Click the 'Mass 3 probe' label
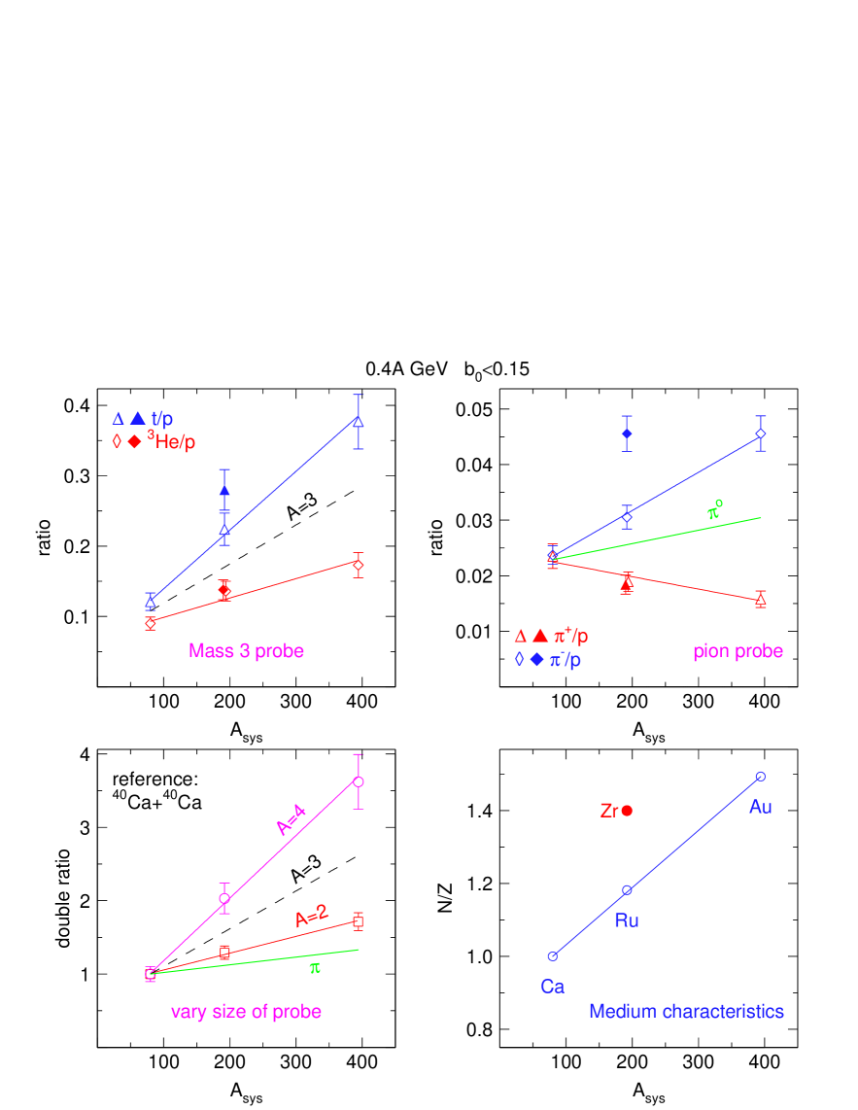click(246, 651)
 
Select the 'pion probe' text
click(738, 651)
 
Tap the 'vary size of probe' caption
click(246, 1012)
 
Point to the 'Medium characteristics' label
click(686, 1012)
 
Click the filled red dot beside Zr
click(627, 811)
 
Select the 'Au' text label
click(760, 807)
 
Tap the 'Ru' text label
click(627, 920)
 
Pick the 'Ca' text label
click(552, 987)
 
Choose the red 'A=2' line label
click(312, 916)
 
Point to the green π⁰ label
click(714, 510)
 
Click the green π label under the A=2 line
click(315, 968)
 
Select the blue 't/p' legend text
click(161, 419)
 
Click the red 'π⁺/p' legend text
click(570, 637)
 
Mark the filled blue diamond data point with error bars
click(627, 434)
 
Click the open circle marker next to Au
click(760, 776)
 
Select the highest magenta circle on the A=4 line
click(359, 781)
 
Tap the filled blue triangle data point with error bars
click(224, 490)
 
